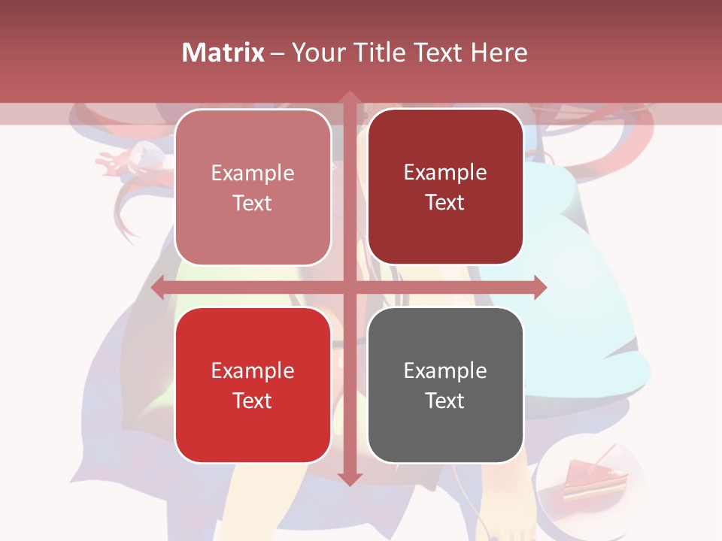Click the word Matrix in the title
pyautogui.click(x=223, y=53)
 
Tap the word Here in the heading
pyautogui.click(x=499, y=53)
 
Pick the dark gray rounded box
pyautogui.click(x=445, y=385)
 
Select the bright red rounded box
pyautogui.click(x=253, y=385)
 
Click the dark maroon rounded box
pyautogui.click(x=445, y=186)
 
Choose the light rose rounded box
pyautogui.click(x=253, y=186)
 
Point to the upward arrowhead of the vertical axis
pyautogui.click(x=349, y=98)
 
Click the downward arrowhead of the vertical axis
pyautogui.click(x=349, y=479)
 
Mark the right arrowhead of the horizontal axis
pyautogui.click(x=539, y=287)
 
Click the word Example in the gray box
pyautogui.click(x=445, y=370)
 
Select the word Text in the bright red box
pyautogui.click(x=252, y=400)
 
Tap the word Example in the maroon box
pyautogui.click(x=445, y=172)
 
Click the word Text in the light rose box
pyautogui.click(x=252, y=203)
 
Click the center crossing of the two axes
pyautogui.click(x=349, y=287)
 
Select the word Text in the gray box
pyautogui.click(x=444, y=400)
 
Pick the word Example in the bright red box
pyautogui.click(x=253, y=370)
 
